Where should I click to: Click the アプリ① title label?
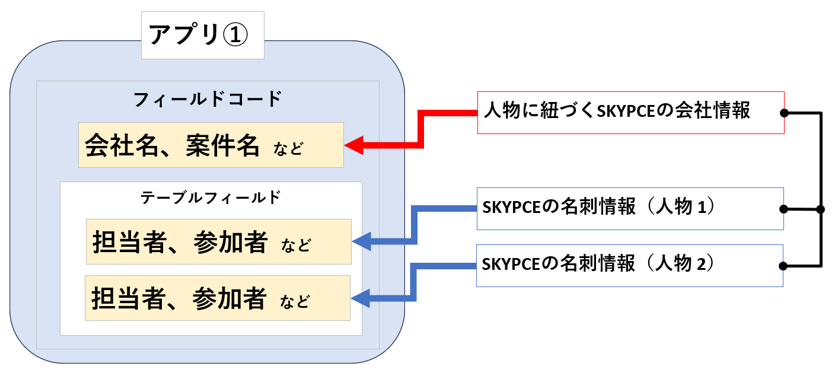pos(202,35)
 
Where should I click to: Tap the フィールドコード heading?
pos(207,99)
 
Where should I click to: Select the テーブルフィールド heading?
pos(210,198)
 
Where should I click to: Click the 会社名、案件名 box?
pos(211,145)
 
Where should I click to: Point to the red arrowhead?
pos(353,145)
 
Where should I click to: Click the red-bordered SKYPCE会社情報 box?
pos(630,112)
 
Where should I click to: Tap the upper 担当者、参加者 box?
pos(218,241)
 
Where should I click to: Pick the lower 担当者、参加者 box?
pos(217,298)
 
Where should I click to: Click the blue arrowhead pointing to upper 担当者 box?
pos(361,241)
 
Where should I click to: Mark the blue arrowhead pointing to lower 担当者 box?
pos(361,298)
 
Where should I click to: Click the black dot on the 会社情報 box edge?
pos(784,113)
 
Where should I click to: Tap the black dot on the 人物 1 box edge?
pos(784,209)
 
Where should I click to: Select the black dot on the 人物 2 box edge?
pos(783,266)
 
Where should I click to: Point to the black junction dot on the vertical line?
pos(821,209)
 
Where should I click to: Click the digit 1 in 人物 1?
pos(700,208)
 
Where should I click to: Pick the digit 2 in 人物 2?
pos(700,265)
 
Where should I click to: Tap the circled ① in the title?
pos(235,36)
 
